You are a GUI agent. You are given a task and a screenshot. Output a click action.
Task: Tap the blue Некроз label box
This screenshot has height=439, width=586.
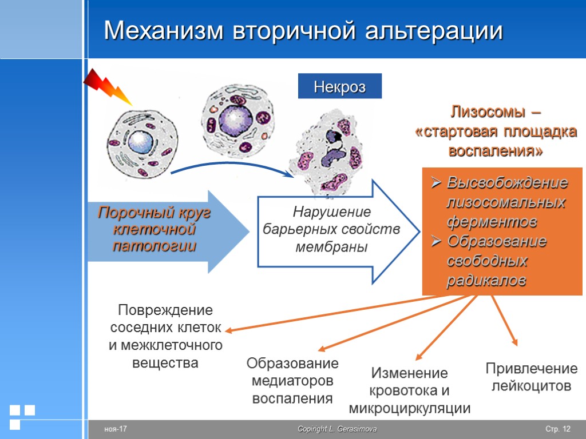[x=339, y=87]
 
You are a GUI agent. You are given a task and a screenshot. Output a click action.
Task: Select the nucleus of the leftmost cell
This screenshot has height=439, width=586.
[x=138, y=141]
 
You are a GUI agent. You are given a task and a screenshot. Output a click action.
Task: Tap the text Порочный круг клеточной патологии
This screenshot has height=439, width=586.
[x=154, y=230]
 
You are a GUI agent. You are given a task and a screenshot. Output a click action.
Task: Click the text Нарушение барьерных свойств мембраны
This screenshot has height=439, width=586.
[x=331, y=230]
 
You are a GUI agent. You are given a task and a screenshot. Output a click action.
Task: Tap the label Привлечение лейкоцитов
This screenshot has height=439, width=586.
[x=531, y=377]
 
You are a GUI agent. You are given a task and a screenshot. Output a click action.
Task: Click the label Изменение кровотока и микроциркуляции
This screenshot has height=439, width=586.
[x=409, y=391]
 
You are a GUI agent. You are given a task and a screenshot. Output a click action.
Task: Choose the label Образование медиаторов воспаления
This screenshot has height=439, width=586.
[x=292, y=381]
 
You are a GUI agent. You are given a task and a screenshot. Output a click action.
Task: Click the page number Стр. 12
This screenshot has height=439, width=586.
[x=558, y=429]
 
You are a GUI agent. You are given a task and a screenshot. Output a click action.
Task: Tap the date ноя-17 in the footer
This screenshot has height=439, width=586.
[x=115, y=429]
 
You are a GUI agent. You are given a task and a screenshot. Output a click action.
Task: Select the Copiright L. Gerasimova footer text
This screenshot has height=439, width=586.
[x=337, y=429]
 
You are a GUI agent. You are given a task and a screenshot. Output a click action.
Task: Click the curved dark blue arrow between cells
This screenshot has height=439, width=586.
[x=229, y=166]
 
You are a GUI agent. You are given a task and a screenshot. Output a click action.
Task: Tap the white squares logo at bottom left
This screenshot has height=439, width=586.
[x=22, y=416]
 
